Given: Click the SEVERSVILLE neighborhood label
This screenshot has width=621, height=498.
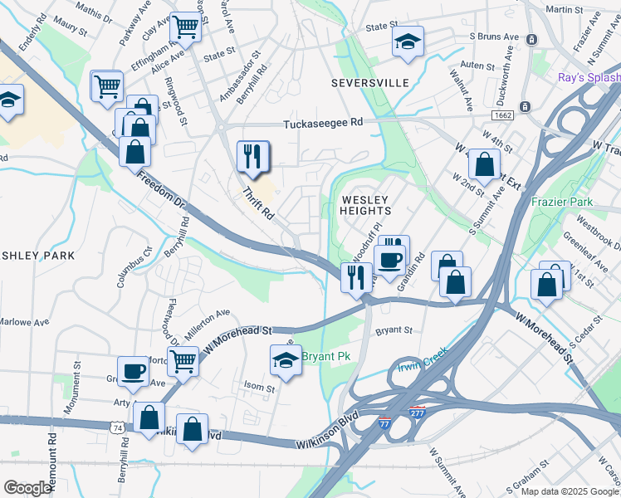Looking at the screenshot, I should [x=369, y=83].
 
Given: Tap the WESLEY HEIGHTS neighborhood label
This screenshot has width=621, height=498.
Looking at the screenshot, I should [x=365, y=205].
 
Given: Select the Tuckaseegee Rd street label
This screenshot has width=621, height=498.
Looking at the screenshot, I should [x=323, y=123].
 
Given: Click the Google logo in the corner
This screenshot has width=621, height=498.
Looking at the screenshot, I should [x=27, y=488].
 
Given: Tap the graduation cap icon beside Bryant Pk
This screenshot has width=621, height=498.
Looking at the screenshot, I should [x=285, y=361].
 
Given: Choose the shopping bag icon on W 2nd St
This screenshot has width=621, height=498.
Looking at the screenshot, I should [x=483, y=164].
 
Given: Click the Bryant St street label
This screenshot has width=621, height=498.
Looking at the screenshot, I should [x=394, y=330].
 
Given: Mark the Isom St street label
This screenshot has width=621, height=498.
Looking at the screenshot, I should [x=259, y=388].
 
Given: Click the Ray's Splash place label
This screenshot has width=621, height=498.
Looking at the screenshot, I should [x=588, y=77].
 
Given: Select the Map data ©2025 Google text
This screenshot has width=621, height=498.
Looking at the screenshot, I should [x=568, y=491].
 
